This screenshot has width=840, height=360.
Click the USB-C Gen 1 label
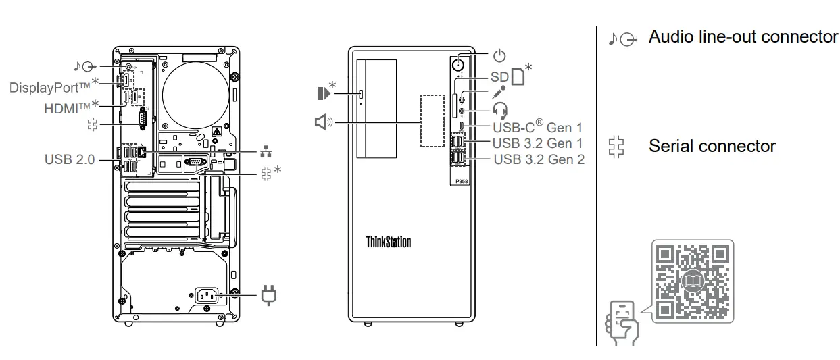pos(537,126)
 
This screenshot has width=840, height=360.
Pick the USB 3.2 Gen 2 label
pos(539,160)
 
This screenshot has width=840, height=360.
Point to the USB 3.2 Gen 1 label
pos(537,143)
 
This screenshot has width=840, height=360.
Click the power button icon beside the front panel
pos(499,55)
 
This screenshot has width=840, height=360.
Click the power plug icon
pos(268,294)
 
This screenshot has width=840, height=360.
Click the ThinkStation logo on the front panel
pos(388,242)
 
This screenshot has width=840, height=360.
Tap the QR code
pos(693,281)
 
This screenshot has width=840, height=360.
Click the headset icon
pos(500,109)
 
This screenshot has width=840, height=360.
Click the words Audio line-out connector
pos(743,37)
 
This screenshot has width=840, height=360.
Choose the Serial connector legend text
pos(712,146)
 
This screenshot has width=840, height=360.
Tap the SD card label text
pos(499,77)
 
